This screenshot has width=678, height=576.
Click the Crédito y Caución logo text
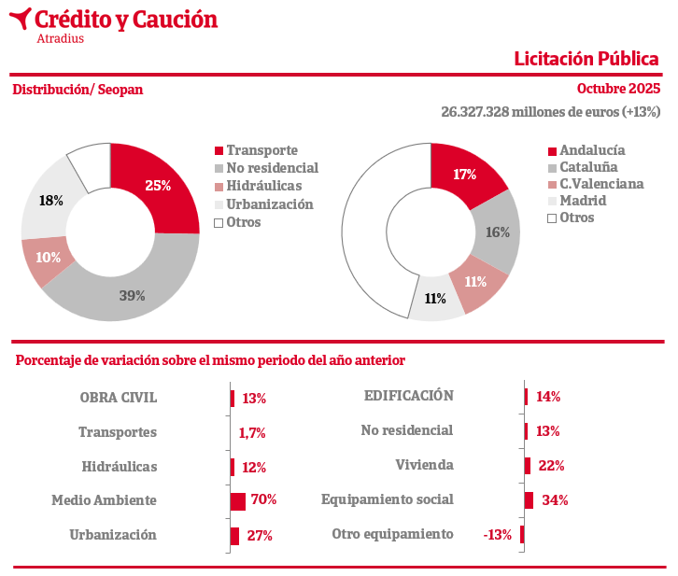click(x=125, y=19)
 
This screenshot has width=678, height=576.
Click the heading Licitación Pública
click(x=586, y=59)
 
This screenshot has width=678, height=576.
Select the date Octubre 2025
click(x=618, y=90)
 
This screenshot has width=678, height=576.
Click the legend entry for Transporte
click(x=261, y=150)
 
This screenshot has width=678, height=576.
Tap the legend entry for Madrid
click(x=582, y=201)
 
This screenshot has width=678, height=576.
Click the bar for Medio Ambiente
click(x=238, y=501)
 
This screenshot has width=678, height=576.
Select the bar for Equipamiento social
click(x=529, y=500)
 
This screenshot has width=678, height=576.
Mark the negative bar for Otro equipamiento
click(x=522, y=535)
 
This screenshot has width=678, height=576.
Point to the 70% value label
click(x=263, y=500)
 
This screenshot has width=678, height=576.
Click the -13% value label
click(x=497, y=535)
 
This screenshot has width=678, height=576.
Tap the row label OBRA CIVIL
click(x=119, y=398)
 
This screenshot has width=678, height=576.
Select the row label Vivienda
click(x=424, y=465)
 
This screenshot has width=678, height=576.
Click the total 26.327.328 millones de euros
click(x=550, y=112)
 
